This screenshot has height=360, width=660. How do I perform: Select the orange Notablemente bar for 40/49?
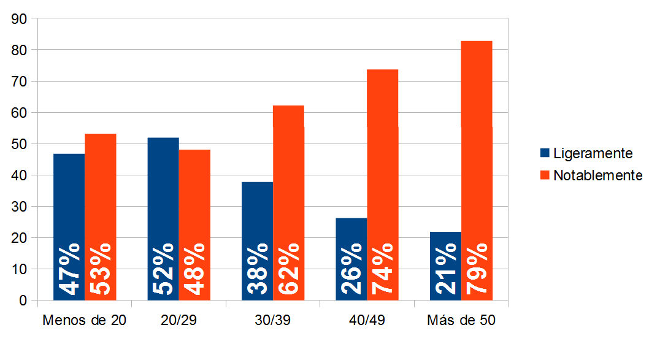pyautogui.click(x=382, y=153)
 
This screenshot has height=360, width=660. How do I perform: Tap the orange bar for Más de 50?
pyautogui.click(x=477, y=141)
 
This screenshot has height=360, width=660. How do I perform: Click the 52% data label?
pyautogui.click(x=163, y=269)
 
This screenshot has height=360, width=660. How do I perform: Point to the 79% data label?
pyautogui.click(x=477, y=269)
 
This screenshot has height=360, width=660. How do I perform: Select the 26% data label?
pyautogui.click(x=351, y=269)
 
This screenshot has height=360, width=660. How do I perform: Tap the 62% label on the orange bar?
pyautogui.click(x=288, y=269)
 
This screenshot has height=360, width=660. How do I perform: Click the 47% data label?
pyautogui.click(x=69, y=269)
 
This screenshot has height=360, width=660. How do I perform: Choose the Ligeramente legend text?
pyautogui.click(x=593, y=153)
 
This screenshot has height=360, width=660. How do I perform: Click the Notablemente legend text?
pyautogui.click(x=597, y=175)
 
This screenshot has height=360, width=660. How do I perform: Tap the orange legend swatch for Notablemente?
pyautogui.click(x=545, y=175)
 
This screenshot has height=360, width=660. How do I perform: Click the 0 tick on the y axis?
pyautogui.click(x=23, y=301)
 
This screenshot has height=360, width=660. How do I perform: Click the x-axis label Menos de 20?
pyautogui.click(x=84, y=321)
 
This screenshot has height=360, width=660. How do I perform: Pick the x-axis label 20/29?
pyautogui.click(x=178, y=321)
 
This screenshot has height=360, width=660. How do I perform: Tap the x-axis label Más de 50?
pyautogui.click(x=461, y=321)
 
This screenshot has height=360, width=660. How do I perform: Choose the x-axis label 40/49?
pyautogui.click(x=367, y=321)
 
